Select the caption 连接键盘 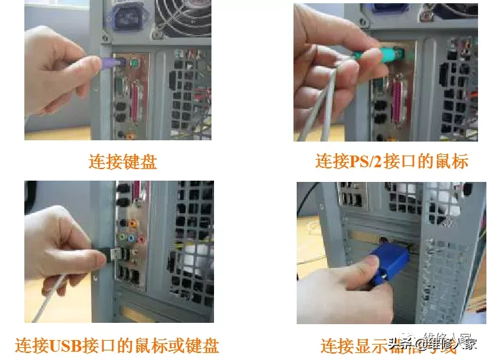point(122,161)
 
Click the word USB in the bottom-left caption point(65,346)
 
